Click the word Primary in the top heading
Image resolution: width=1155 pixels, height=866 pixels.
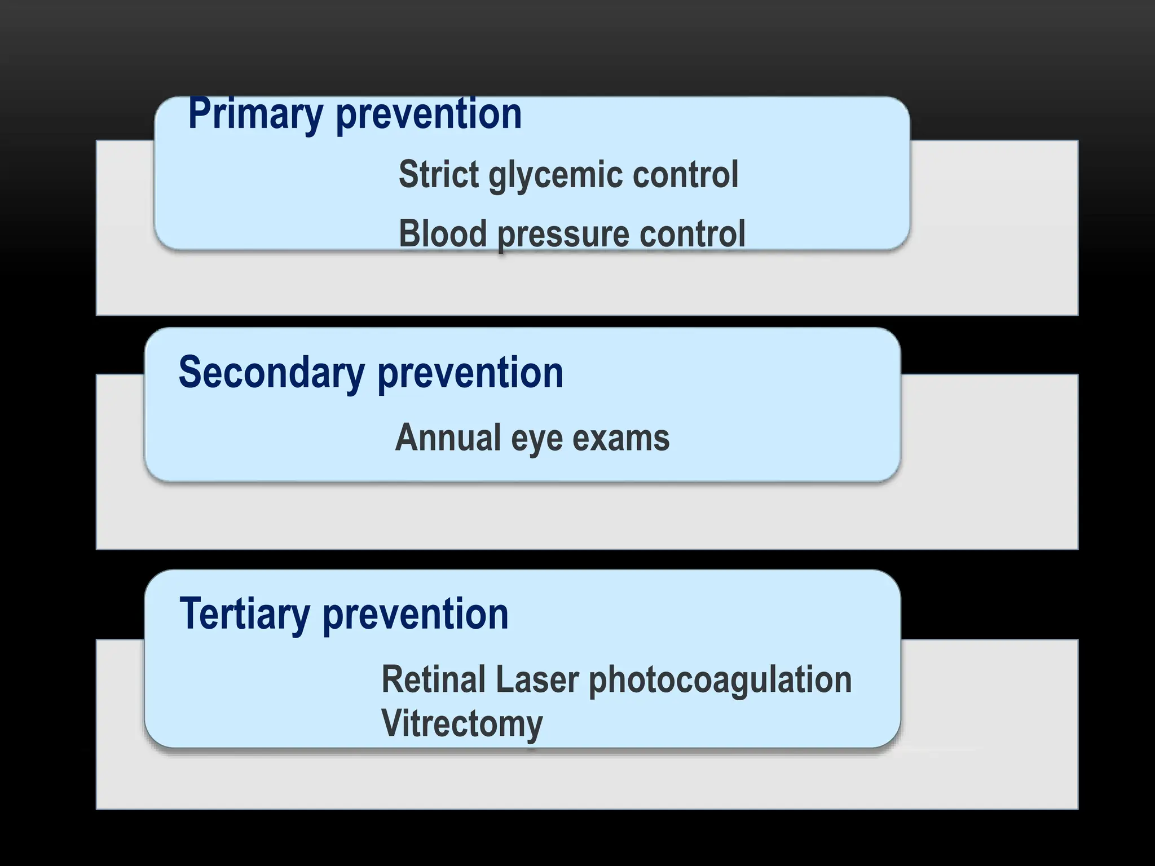(255, 114)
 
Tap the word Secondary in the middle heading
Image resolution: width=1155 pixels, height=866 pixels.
(271, 373)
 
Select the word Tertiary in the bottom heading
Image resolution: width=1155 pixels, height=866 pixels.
(244, 614)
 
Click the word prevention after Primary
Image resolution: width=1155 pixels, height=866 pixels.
(429, 114)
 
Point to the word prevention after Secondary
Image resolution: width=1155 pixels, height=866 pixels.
(470, 373)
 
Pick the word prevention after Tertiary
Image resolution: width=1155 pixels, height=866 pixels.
(416, 614)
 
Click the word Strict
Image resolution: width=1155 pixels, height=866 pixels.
(438, 174)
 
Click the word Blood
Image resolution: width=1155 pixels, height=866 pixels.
(443, 233)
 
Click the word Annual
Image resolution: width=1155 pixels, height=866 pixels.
(448, 438)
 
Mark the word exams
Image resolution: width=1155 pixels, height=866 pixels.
(621, 438)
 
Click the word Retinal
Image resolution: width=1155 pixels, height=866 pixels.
(433, 679)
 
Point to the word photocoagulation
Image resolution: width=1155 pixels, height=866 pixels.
(720, 681)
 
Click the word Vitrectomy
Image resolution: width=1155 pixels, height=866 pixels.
(462, 724)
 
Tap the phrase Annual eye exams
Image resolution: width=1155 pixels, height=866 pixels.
(532, 438)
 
